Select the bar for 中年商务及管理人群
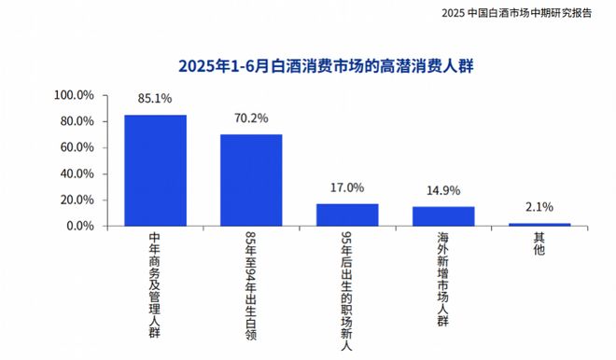pos(155,170)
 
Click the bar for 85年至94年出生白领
pos(251,179)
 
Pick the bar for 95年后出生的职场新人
pos(347,215)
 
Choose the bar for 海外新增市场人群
pos(443,215)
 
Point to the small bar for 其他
pos(539,224)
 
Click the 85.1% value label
pos(155,97)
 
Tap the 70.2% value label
pos(251,118)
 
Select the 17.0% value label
pos(347,187)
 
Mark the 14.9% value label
pos(443,190)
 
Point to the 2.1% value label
pos(539,207)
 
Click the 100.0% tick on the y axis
pos(75,95)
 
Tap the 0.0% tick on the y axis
pos(79,226)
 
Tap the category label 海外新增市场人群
pos(443,278)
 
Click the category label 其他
pos(539,246)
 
